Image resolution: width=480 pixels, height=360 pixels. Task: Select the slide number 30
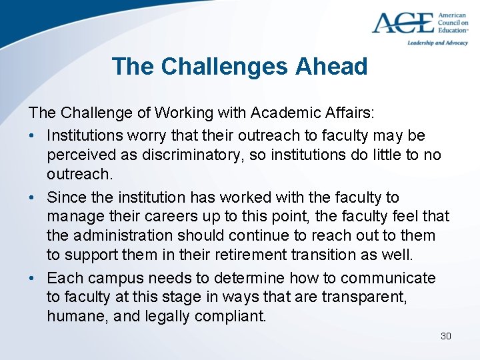[x=446, y=336]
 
